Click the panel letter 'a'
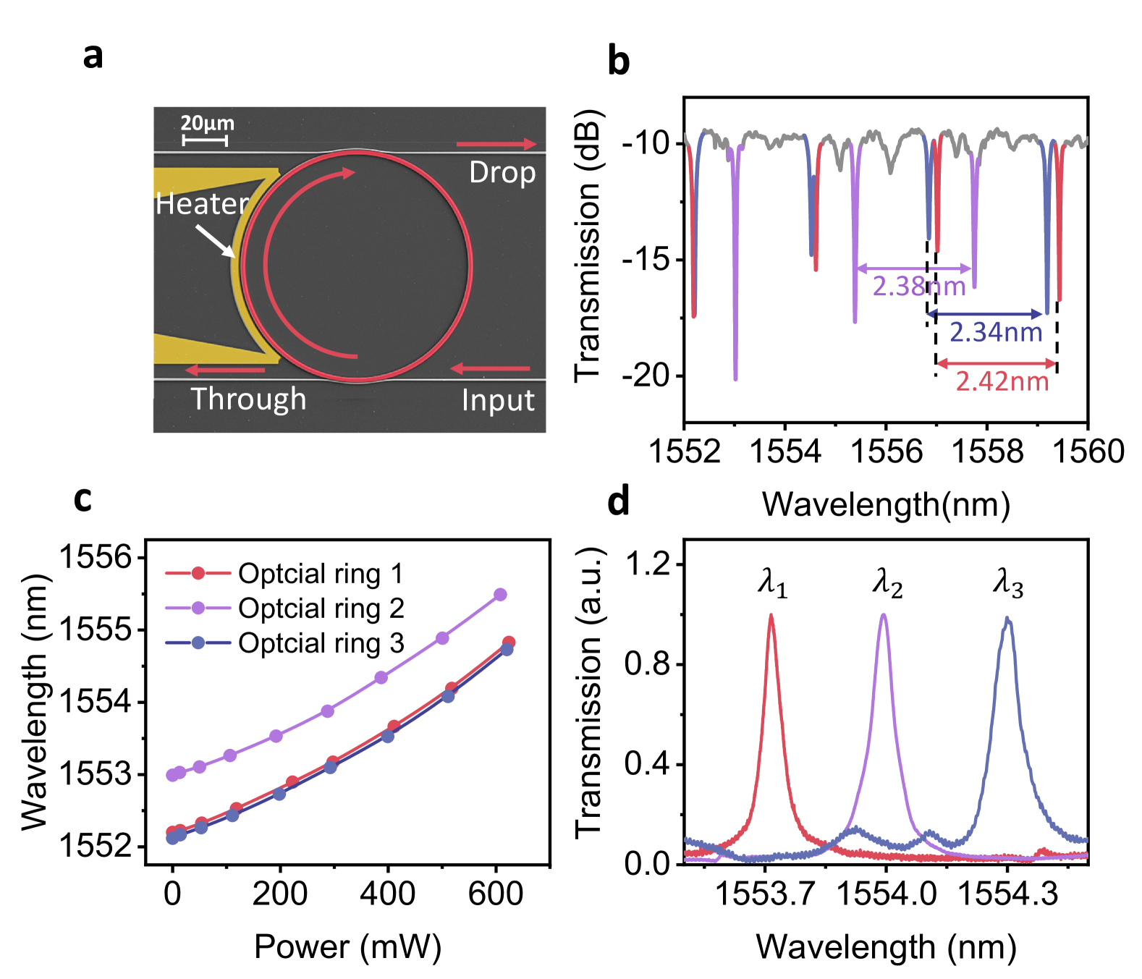93,56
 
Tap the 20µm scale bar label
207,123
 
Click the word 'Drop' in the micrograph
502,173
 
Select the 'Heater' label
202,204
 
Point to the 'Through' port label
248,399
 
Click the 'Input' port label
498,400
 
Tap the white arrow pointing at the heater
216,241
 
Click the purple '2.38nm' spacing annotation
918,287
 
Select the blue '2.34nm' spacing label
996,332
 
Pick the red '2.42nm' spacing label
1002,381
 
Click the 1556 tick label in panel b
887,452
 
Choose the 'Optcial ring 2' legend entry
321,609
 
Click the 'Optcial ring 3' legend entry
321,643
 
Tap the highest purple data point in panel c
500,595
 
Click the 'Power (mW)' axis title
347,946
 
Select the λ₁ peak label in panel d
772,582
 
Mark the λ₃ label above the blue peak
1008,582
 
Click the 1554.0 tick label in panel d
886,894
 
